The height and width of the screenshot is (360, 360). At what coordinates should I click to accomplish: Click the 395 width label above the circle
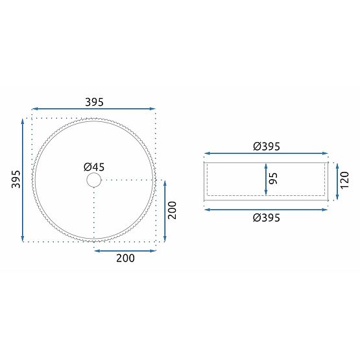[x=94, y=102]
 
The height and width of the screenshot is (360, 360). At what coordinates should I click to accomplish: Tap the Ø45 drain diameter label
[x=94, y=167]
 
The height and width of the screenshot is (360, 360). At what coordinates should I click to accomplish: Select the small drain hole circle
[x=94, y=180]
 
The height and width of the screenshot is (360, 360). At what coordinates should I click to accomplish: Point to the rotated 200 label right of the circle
[x=173, y=211]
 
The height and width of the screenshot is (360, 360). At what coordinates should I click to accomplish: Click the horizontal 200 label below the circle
[x=125, y=258]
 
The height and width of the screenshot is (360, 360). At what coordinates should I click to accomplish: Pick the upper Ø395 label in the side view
[x=267, y=147]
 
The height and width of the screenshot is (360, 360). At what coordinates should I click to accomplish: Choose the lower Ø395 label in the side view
[x=267, y=218]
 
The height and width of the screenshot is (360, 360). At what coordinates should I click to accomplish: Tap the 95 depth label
[x=275, y=178]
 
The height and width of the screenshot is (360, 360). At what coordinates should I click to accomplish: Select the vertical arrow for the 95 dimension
[x=266, y=178]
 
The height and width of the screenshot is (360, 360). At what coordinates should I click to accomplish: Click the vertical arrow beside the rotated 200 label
[x=165, y=211]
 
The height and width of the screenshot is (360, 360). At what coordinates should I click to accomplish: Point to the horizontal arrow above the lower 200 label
[x=125, y=248]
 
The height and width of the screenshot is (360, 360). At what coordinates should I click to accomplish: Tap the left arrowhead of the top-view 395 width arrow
[x=34, y=109]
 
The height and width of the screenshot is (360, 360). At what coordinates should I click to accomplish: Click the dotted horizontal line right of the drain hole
[x=130, y=180]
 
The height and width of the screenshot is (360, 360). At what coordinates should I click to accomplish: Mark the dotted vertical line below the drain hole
[x=94, y=214]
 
